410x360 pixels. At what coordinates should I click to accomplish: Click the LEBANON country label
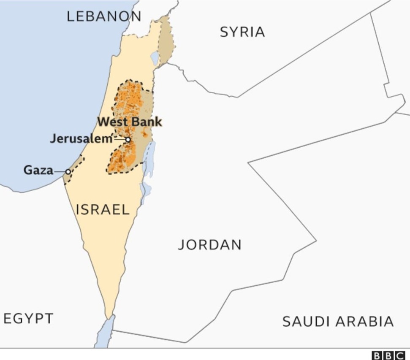(x=104, y=16)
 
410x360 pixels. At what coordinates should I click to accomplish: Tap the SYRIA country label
(x=242, y=32)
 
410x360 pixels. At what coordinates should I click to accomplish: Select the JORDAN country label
(x=209, y=245)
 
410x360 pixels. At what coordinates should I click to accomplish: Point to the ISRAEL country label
(x=103, y=209)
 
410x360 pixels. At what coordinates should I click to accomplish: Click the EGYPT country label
(x=28, y=318)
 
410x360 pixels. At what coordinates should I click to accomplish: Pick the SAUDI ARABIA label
(x=338, y=322)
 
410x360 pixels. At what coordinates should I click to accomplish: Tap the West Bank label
(x=130, y=122)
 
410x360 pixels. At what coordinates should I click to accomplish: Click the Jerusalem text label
(x=81, y=138)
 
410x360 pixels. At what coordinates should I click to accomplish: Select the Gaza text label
(x=38, y=171)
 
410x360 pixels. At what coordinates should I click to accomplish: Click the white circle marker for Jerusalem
(x=128, y=139)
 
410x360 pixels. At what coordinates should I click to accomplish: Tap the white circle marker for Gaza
(x=68, y=172)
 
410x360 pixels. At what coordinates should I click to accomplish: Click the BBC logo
(x=388, y=355)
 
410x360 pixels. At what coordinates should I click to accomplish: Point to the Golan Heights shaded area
(x=167, y=40)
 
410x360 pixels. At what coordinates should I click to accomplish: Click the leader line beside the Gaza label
(x=60, y=171)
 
